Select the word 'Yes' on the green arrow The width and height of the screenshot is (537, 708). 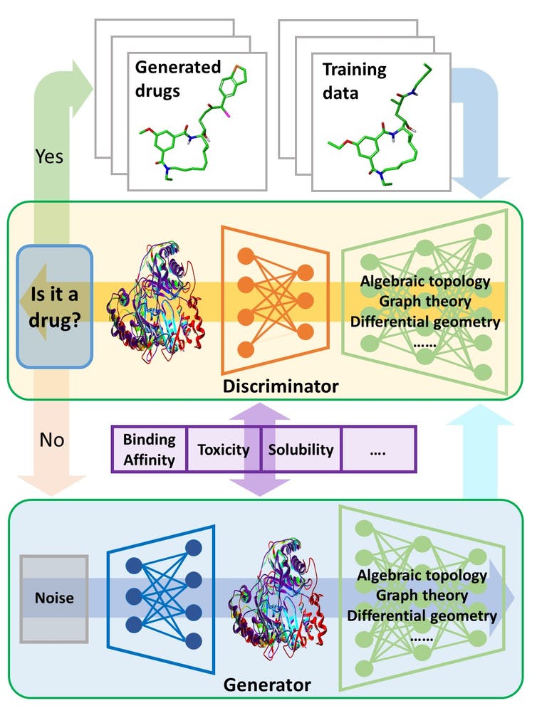(49, 157)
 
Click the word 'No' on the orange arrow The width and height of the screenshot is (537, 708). (52, 440)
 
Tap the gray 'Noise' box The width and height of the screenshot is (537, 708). (55, 597)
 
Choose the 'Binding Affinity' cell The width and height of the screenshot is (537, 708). (149, 449)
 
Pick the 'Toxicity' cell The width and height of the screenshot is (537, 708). (224, 449)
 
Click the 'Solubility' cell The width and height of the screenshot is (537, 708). (301, 449)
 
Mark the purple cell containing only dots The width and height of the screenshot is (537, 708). (377, 449)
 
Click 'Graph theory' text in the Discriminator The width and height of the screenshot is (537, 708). (425, 301)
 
